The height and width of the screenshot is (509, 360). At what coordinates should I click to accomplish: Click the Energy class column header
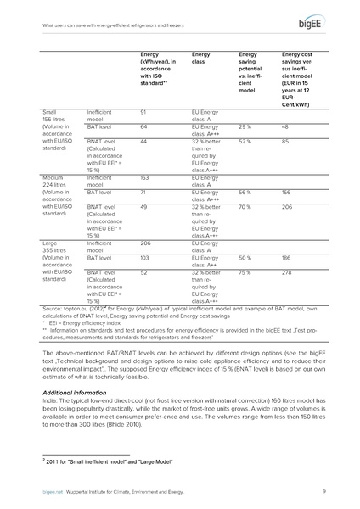[x=201, y=58]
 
